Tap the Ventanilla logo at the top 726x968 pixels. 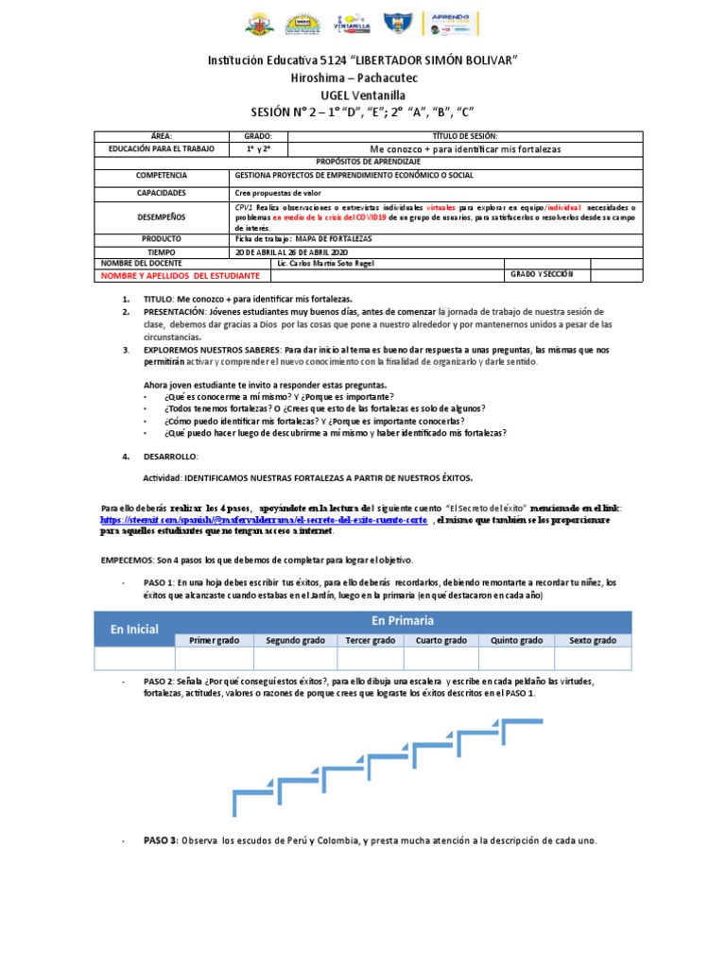352,24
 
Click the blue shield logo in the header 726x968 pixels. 397,24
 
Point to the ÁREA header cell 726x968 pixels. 162,136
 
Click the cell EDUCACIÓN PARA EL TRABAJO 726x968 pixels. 162,149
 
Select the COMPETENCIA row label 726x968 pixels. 162,176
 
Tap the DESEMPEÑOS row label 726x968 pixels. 162,216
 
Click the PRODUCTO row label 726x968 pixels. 162,239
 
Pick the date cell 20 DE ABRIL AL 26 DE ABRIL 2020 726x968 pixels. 293,252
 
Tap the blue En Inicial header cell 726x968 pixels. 134,629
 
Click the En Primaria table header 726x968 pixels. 403,620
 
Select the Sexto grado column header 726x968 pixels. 593,640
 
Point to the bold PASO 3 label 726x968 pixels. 161,840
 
